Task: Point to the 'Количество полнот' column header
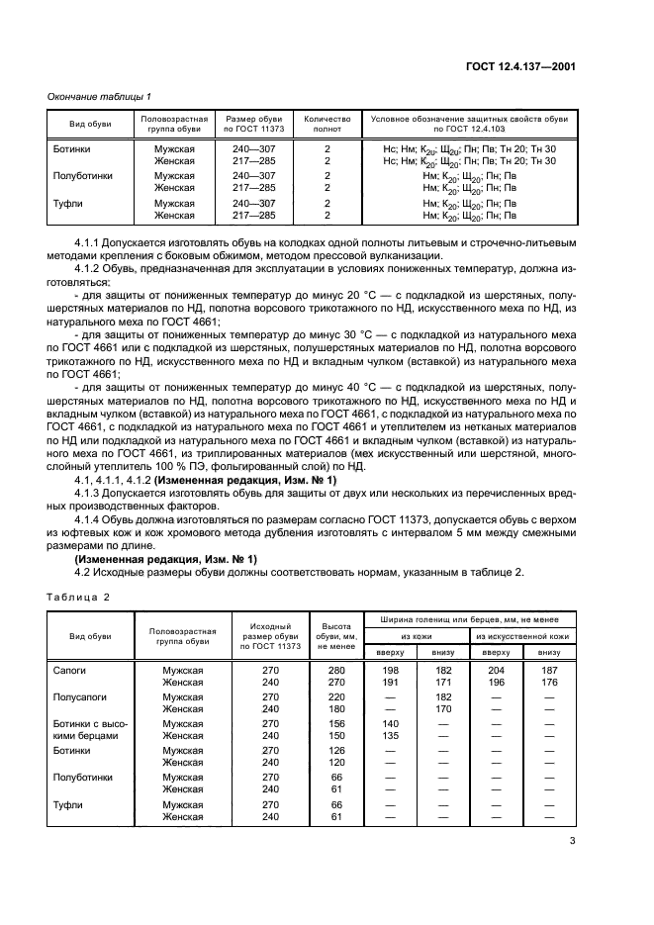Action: point(327,124)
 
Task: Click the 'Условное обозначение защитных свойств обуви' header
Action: point(469,124)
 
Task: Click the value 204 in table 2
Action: point(496,670)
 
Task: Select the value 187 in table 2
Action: point(550,670)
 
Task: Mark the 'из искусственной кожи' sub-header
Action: point(522,635)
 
